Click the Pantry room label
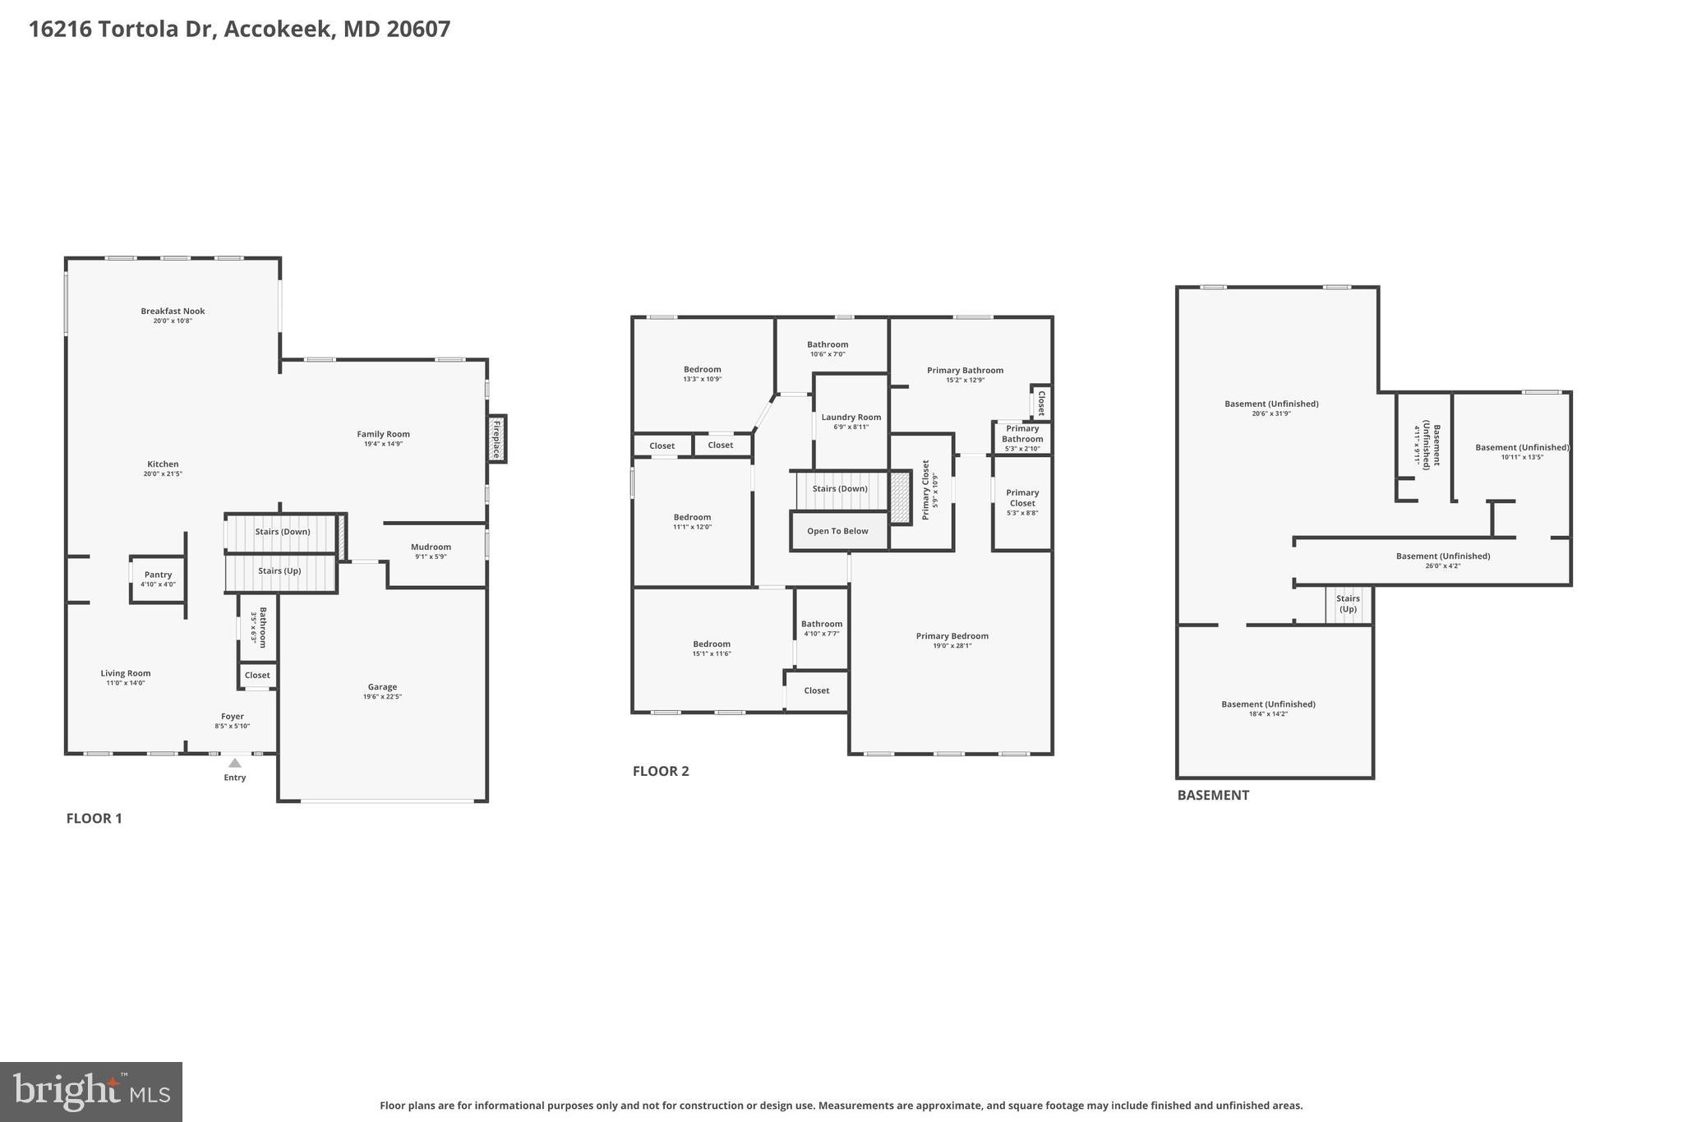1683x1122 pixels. tap(158, 575)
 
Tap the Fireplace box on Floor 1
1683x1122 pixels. tap(496, 438)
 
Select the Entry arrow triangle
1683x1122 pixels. tap(235, 763)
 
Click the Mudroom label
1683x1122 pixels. tap(431, 547)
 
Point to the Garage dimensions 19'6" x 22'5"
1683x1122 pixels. tap(382, 697)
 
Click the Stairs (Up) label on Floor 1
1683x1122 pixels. tap(279, 570)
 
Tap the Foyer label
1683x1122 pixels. tap(233, 716)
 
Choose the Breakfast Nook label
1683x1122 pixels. tap(173, 311)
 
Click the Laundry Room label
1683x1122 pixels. tap(851, 417)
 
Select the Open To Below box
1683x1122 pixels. tap(838, 531)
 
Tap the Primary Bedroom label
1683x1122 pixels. tap(952, 635)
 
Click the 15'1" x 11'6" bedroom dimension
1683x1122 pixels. tap(711, 654)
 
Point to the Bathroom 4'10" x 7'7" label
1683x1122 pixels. tap(822, 624)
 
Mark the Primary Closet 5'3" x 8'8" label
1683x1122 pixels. tap(1022, 498)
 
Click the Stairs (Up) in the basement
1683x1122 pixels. tap(1348, 604)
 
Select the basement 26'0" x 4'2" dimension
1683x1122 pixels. tap(1442, 566)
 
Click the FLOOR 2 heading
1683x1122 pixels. tap(661, 771)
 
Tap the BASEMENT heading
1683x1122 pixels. tap(1213, 795)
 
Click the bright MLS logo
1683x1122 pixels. tap(91, 1091)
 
